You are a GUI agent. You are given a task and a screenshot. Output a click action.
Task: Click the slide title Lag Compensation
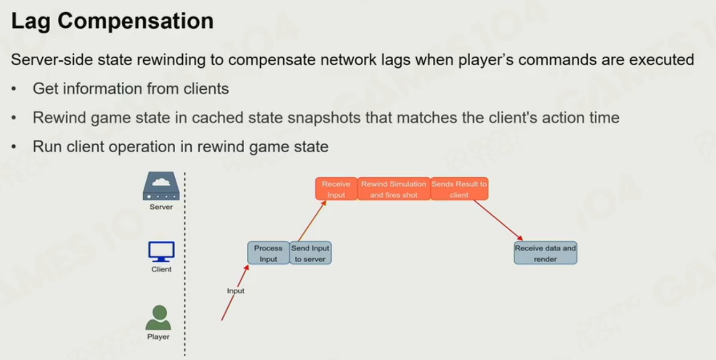[112, 21]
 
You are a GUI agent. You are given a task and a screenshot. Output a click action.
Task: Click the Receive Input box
[336, 189]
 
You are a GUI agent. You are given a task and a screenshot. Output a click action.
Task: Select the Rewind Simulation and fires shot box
[394, 189]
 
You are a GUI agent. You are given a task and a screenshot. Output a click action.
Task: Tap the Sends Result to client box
[460, 189]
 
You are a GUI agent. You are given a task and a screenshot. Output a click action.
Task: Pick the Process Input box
[268, 253]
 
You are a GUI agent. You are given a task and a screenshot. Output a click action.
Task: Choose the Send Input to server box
[310, 253]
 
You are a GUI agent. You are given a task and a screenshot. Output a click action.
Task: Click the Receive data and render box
[546, 253]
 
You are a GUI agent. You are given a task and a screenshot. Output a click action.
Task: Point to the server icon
[161, 186]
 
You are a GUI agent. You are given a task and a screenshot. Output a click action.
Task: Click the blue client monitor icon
[161, 252]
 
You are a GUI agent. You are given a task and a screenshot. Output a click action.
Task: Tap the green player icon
[159, 318]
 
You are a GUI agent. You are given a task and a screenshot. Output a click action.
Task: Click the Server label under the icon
[161, 207]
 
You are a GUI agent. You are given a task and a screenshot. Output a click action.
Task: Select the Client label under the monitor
[161, 269]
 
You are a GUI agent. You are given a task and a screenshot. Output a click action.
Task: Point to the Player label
[159, 336]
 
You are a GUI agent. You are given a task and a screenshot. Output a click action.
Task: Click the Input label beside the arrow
[236, 291]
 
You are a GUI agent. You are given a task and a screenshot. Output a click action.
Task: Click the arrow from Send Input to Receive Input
[312, 221]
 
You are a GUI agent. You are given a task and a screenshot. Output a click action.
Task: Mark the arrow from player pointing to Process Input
[235, 293]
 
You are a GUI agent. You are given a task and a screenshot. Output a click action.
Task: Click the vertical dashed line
[185, 267]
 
